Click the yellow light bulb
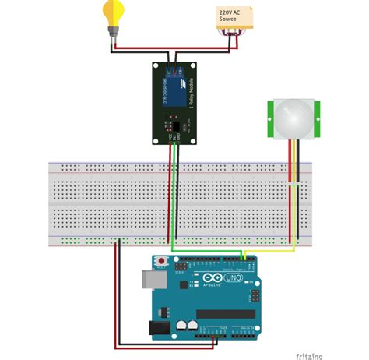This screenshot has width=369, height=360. tap(114, 12)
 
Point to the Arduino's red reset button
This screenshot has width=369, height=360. tap(161, 259)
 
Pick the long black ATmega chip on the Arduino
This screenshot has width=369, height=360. tap(226, 313)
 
